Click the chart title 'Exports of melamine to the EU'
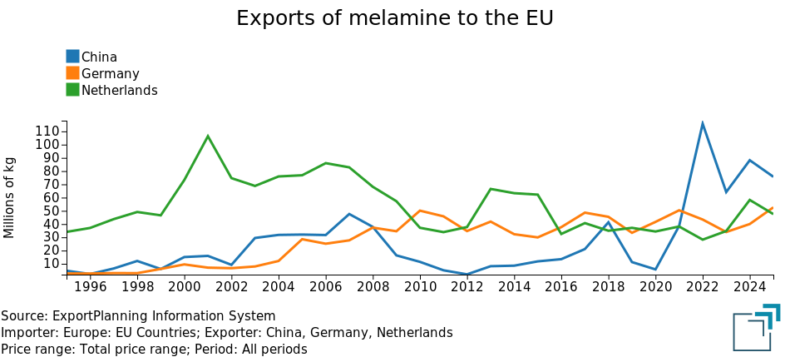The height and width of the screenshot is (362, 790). pos(394,18)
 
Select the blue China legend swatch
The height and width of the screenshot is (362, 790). pos(72,57)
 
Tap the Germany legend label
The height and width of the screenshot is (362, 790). pos(110,73)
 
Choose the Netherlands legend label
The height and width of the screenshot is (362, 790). pos(119,90)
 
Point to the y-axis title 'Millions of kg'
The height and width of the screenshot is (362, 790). pos(10,196)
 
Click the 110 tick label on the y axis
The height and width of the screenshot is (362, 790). pos(47,131)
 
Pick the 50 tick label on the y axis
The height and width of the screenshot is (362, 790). pos(52,211)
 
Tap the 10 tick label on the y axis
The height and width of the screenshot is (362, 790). pos(52,264)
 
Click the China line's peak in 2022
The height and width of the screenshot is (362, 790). pos(703,123)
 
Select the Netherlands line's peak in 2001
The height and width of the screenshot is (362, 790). pos(208,136)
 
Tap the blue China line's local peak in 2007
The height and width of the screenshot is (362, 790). pos(349,214)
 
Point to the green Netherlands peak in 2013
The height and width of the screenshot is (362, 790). pos(491,189)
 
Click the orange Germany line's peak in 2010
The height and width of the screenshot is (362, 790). pos(420,211)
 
